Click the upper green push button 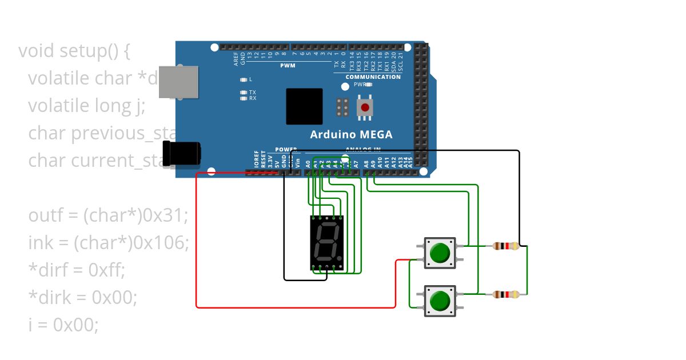point(440,253)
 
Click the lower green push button point(440,301)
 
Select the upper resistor point(505,246)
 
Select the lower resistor point(505,294)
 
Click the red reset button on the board point(365,107)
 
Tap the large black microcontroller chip point(304,106)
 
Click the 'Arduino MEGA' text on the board point(351,135)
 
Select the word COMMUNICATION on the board point(373,77)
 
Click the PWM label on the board point(287,66)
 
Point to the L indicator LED point(244,79)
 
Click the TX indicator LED point(244,92)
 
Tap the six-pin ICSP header point(343,107)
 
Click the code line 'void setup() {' point(74,51)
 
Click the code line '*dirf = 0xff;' point(76,270)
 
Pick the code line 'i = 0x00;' point(63,325)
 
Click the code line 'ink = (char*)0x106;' point(108,242)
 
